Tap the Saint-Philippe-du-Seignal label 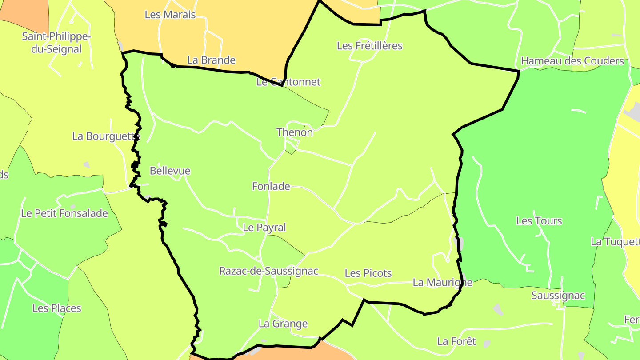coord(56,43)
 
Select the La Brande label coord(211,60)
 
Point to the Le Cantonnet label coord(288,82)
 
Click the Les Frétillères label coord(369,46)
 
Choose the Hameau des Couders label coord(572,61)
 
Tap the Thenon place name coord(295,132)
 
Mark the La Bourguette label coord(106,136)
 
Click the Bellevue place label coord(170,171)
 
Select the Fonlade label coord(271,187)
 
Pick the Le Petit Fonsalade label coord(64,213)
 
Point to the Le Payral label coord(264,228)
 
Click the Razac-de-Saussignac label coord(269,271)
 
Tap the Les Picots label coord(368,273)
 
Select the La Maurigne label coord(443,282)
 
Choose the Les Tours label coord(539,221)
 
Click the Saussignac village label coord(558,296)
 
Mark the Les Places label coord(57,308)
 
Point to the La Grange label coord(283,324)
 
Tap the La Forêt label coord(456,341)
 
